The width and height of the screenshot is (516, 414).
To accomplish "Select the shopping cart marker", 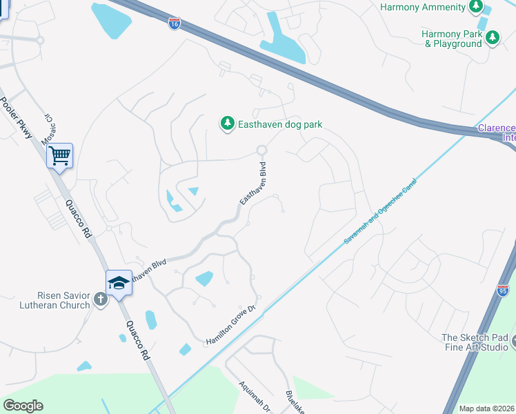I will coord(59,156).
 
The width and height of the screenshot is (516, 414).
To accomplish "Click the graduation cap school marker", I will coord(119,283).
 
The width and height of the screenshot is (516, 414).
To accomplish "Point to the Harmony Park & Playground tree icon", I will coord(492,37).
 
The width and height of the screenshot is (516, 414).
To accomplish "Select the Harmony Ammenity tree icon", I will coord(475,6).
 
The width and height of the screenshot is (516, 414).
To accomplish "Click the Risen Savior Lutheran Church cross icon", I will coord(101,299).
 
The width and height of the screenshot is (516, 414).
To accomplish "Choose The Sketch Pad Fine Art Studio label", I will coord(475,342).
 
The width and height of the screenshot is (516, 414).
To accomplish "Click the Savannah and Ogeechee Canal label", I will coord(380,211).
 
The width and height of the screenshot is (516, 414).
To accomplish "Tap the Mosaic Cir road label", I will coord(49,129).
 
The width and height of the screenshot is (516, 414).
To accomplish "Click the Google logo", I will coord(23,406).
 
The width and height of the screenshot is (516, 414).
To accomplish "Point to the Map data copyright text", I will coord(487,408).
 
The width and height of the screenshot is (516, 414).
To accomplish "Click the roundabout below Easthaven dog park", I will coord(261,150).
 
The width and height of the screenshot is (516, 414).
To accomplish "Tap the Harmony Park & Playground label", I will coord(453,39).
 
